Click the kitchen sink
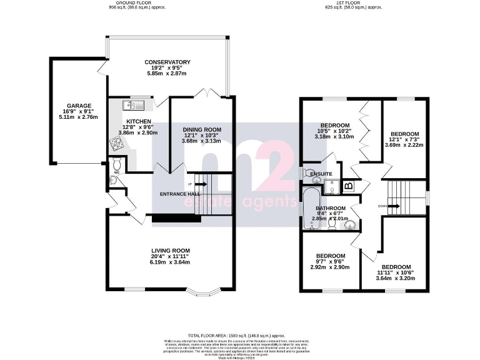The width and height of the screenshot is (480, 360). click(x=133, y=106)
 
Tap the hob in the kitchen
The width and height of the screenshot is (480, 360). click(x=117, y=145)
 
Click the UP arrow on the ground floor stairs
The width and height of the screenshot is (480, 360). click(x=199, y=184)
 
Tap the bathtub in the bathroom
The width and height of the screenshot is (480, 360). click(x=308, y=210)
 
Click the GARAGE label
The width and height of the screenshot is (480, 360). click(x=79, y=106)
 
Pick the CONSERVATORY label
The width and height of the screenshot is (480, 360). click(x=167, y=62)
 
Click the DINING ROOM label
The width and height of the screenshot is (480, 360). click(x=202, y=129)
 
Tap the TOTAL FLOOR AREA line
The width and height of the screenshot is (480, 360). click(x=241, y=336)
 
